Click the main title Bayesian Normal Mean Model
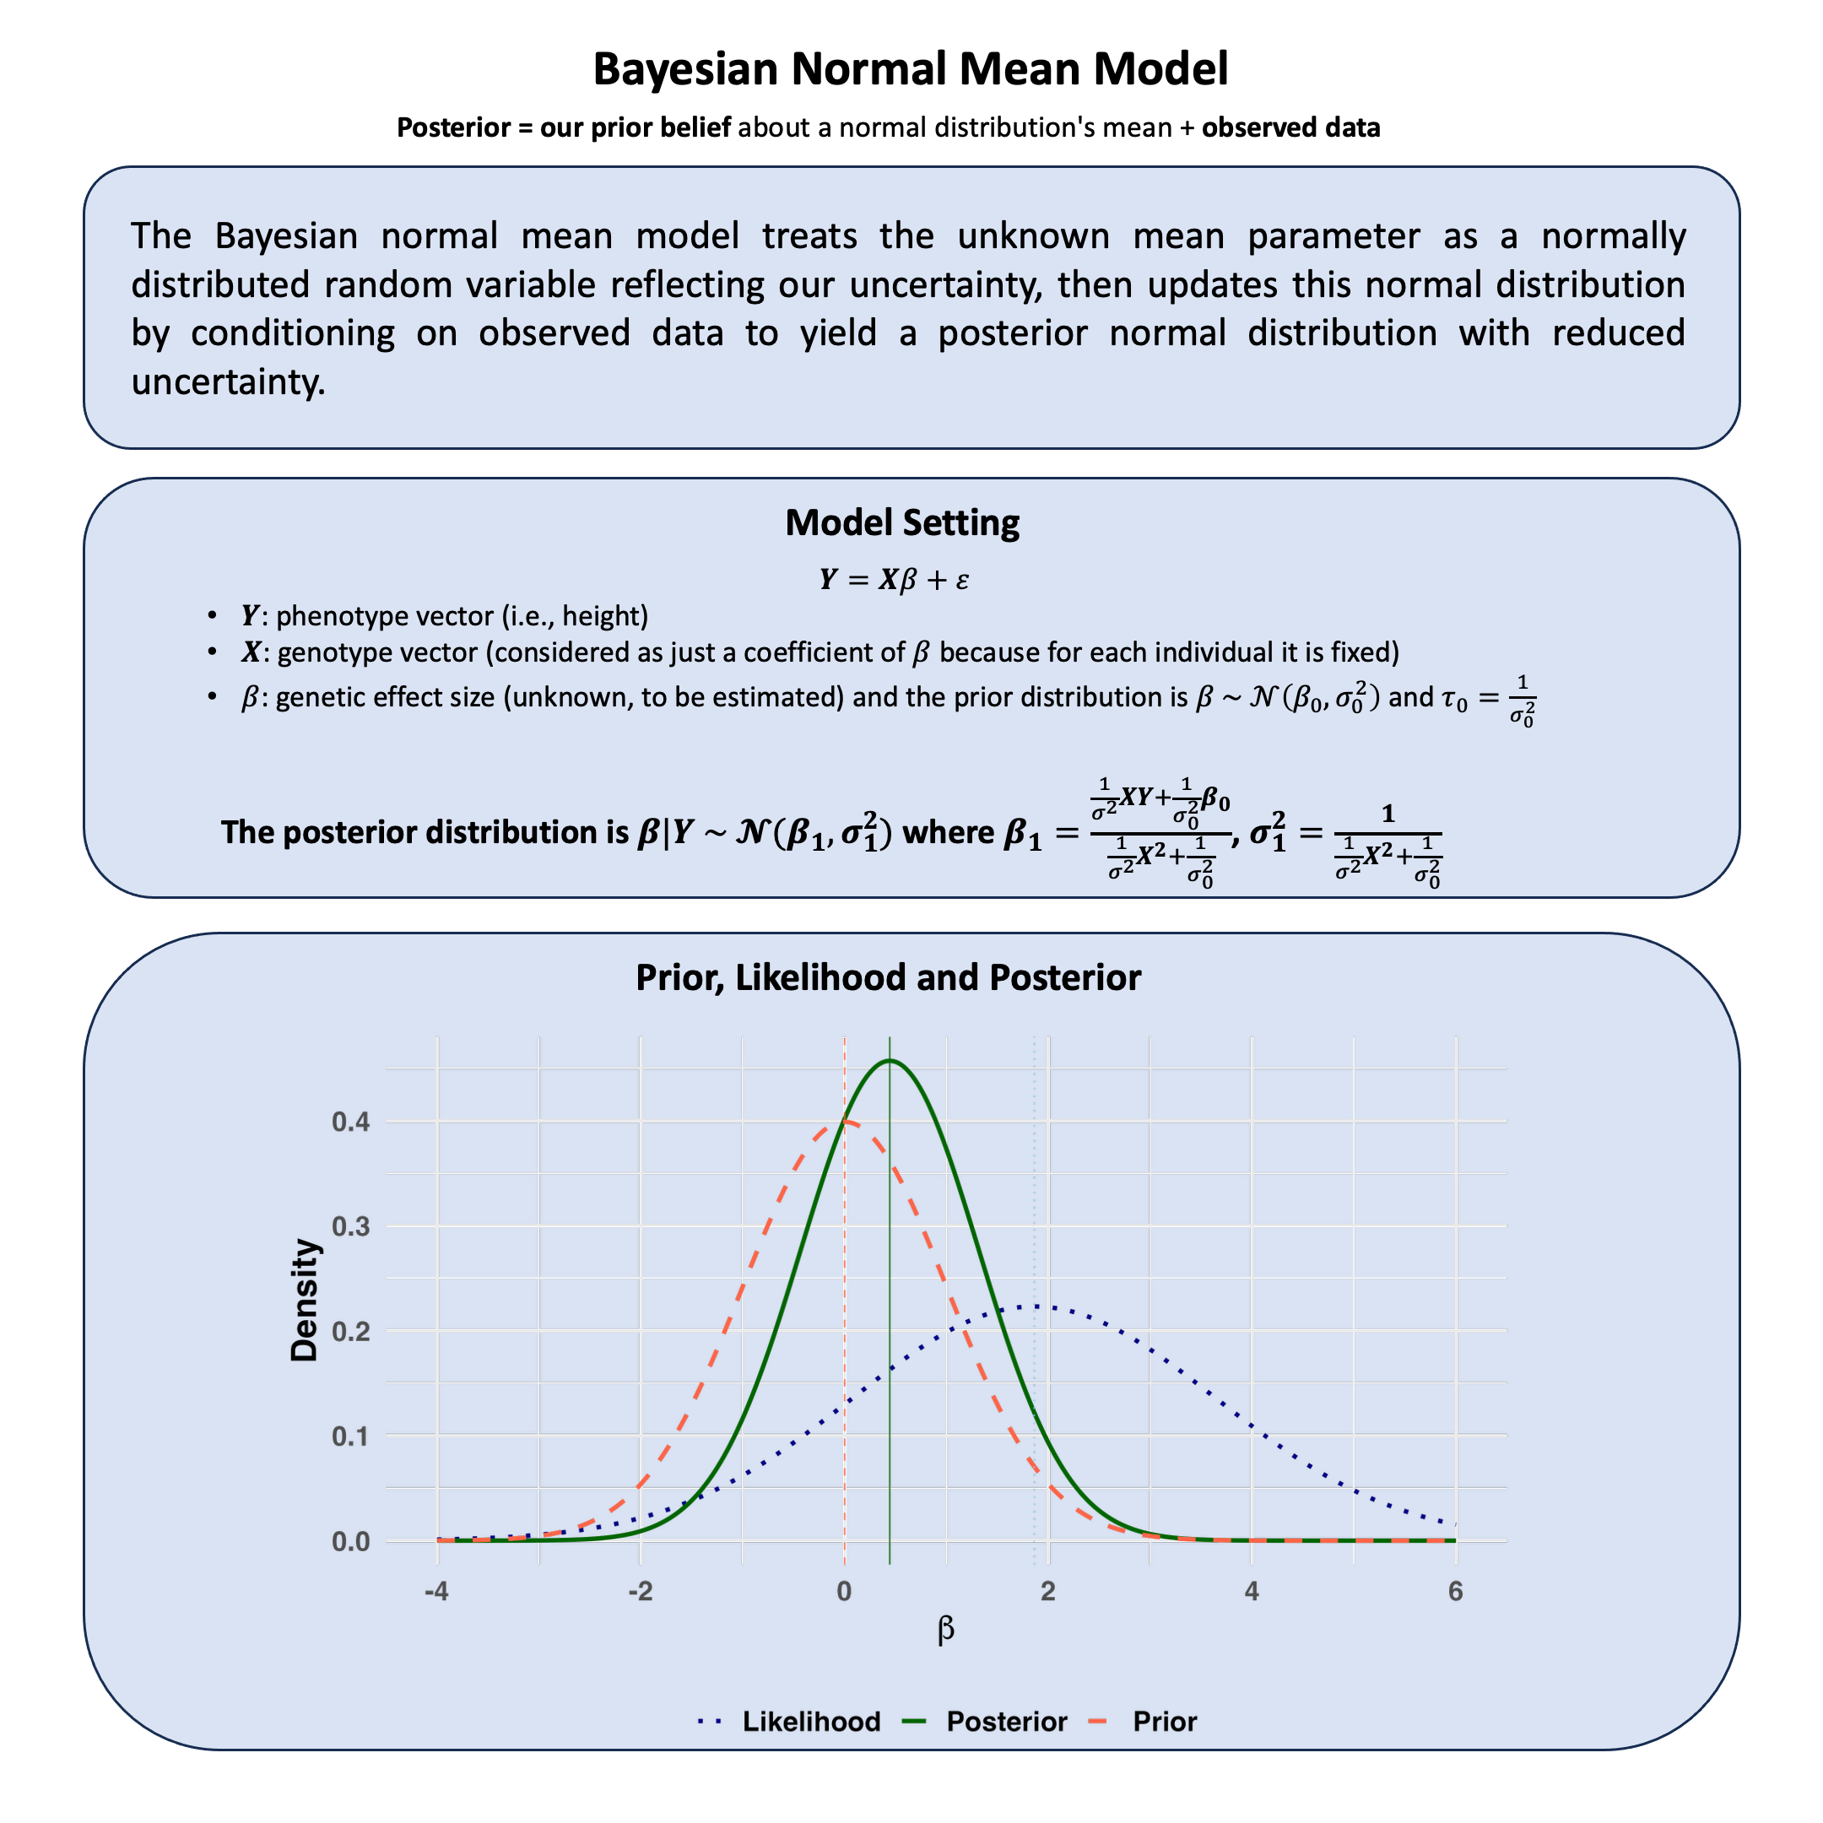coord(911,69)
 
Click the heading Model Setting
coord(902,522)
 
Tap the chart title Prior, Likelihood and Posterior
coord(888,977)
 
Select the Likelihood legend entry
coord(810,1721)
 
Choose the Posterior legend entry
coord(1006,1721)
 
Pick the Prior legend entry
coord(1165,1721)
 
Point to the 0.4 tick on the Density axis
coord(351,1122)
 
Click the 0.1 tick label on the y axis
coord(351,1436)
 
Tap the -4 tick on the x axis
coord(436,1592)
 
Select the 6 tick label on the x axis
coord(1455,1592)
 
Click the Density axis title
coord(305,1300)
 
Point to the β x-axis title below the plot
coord(945,1629)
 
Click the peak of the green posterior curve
coord(890,1061)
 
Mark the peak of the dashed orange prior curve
coord(846,1121)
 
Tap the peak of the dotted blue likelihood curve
coord(1035,1306)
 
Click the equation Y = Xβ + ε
coord(894,579)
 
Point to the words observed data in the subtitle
coord(1290,127)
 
